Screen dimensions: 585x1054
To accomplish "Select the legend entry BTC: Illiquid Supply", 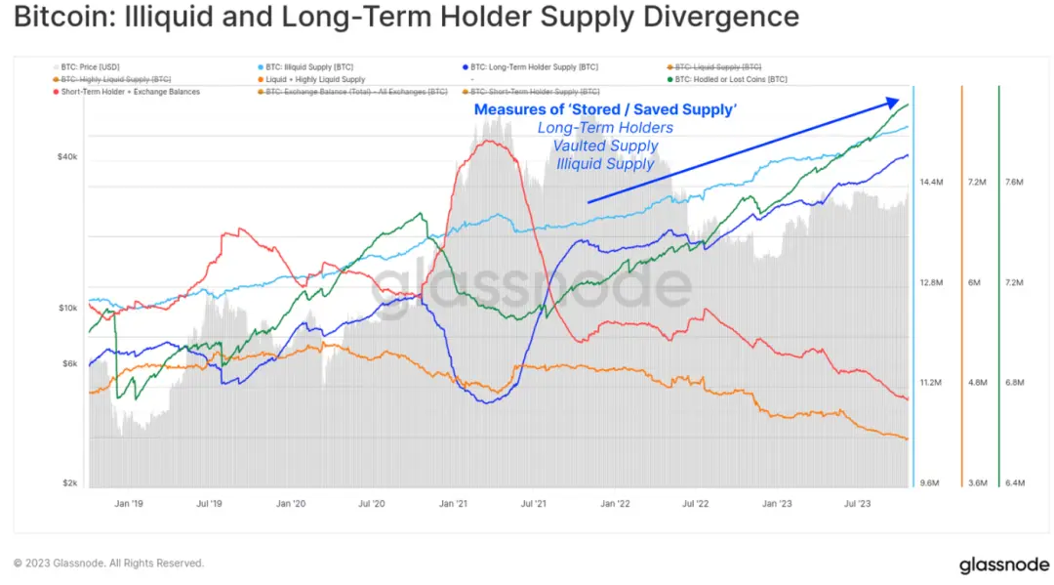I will coord(294,66).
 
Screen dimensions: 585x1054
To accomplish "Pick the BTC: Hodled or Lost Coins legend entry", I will coord(730,79).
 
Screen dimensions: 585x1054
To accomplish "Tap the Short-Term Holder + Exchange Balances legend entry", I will coord(130,92).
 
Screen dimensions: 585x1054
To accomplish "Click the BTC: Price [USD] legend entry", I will coord(92,66).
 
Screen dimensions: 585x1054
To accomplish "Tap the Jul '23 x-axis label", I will coord(857,504).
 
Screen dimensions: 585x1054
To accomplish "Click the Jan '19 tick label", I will coord(130,504).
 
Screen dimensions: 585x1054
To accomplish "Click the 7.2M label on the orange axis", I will coord(976,183).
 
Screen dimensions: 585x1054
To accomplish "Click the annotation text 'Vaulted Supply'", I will coord(605,146).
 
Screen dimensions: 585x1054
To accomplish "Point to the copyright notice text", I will coord(109,564).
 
